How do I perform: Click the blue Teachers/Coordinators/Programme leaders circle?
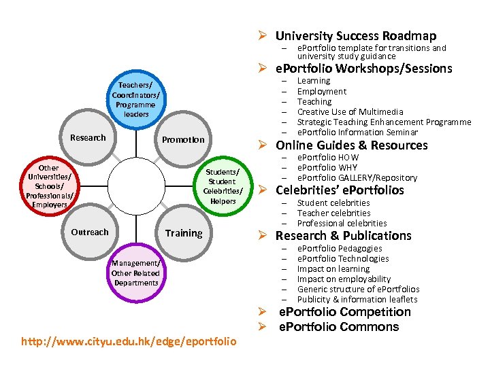tap(136, 99)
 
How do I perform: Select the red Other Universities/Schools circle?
tap(48, 186)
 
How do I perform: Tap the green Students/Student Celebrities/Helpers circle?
tap(223, 186)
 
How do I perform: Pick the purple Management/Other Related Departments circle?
tap(136, 273)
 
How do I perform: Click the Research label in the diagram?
tap(88, 138)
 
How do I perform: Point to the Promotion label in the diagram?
tap(183, 139)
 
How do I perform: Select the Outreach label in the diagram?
tap(90, 232)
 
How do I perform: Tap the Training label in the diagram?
tap(184, 232)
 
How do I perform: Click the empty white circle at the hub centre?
tap(135, 186)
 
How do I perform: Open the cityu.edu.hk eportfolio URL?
tap(129, 340)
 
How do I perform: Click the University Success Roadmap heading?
tap(355, 36)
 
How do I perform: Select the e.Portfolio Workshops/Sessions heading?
tap(363, 69)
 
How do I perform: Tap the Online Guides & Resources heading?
tap(351, 145)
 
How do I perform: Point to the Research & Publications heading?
tap(343, 236)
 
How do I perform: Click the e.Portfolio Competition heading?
tap(345, 312)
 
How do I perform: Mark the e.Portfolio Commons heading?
tap(339, 327)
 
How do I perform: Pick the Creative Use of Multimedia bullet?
tap(350, 111)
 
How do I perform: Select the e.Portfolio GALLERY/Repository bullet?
tap(357, 177)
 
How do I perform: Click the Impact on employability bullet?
tap(344, 279)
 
